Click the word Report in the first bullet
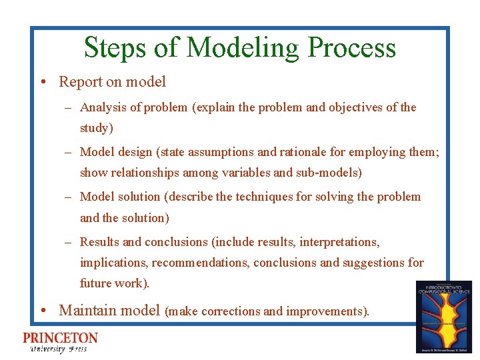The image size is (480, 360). click(81, 82)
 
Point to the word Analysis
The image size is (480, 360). click(105, 107)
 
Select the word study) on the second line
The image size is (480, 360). click(97, 128)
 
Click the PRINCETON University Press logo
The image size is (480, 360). click(60, 342)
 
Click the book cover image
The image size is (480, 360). click(443, 317)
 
